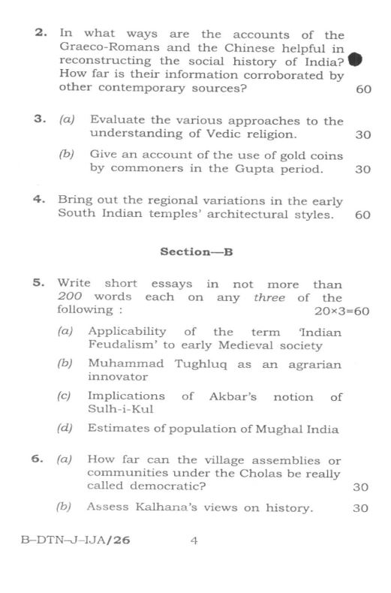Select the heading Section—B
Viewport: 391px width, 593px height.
(197, 252)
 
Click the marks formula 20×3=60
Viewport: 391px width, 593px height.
(341, 310)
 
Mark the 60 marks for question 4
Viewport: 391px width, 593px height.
(362, 215)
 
